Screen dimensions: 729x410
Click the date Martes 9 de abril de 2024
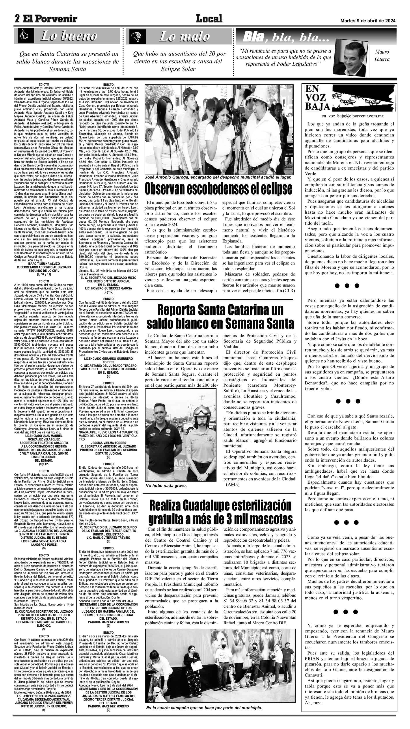[x=368, y=21]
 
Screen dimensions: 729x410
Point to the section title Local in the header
[x=209, y=19]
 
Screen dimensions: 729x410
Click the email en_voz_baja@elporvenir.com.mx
[x=349, y=116]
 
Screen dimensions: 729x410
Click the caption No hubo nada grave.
[x=166, y=486]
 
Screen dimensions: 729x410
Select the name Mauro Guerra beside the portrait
[x=382, y=56]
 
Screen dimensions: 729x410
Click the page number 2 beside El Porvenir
[x=18, y=19]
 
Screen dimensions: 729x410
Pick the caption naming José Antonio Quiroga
[x=218, y=177]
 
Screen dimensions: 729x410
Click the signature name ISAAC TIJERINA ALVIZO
[x=44, y=263]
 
